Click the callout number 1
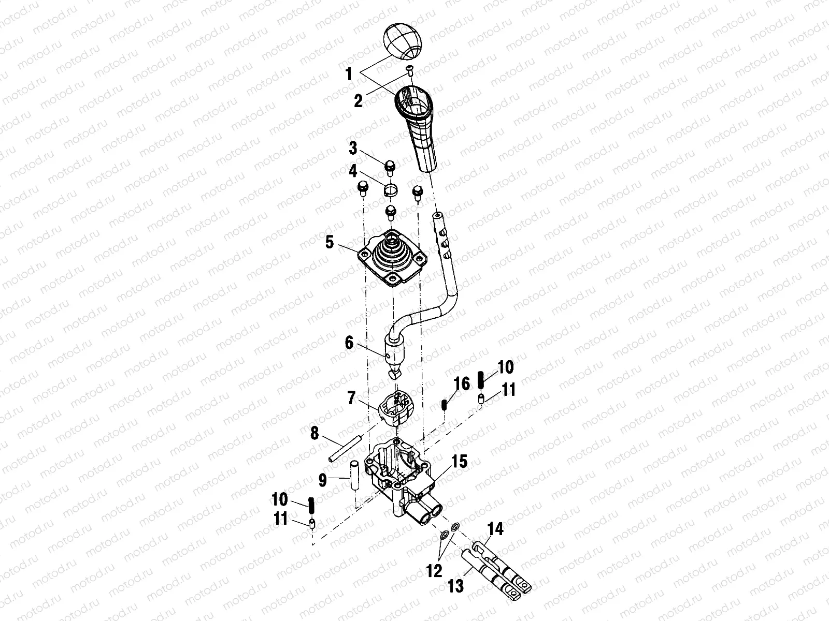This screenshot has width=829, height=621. pyautogui.click(x=349, y=74)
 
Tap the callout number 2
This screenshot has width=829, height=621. pyautogui.click(x=358, y=101)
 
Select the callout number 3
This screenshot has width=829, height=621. pyautogui.click(x=353, y=149)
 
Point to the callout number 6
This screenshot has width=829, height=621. pyautogui.click(x=349, y=343)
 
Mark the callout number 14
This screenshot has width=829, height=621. pyautogui.click(x=495, y=529)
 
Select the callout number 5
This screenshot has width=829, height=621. pyautogui.click(x=329, y=242)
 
